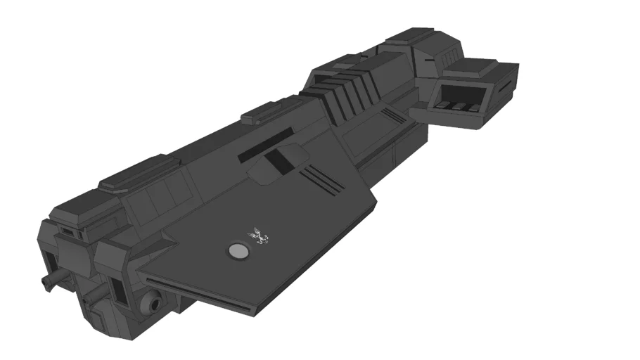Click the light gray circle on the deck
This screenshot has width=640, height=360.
coord(238,251)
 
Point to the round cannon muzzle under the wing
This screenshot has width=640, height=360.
coord(152,304)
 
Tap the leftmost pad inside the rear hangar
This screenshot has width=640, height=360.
coord(443,105)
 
